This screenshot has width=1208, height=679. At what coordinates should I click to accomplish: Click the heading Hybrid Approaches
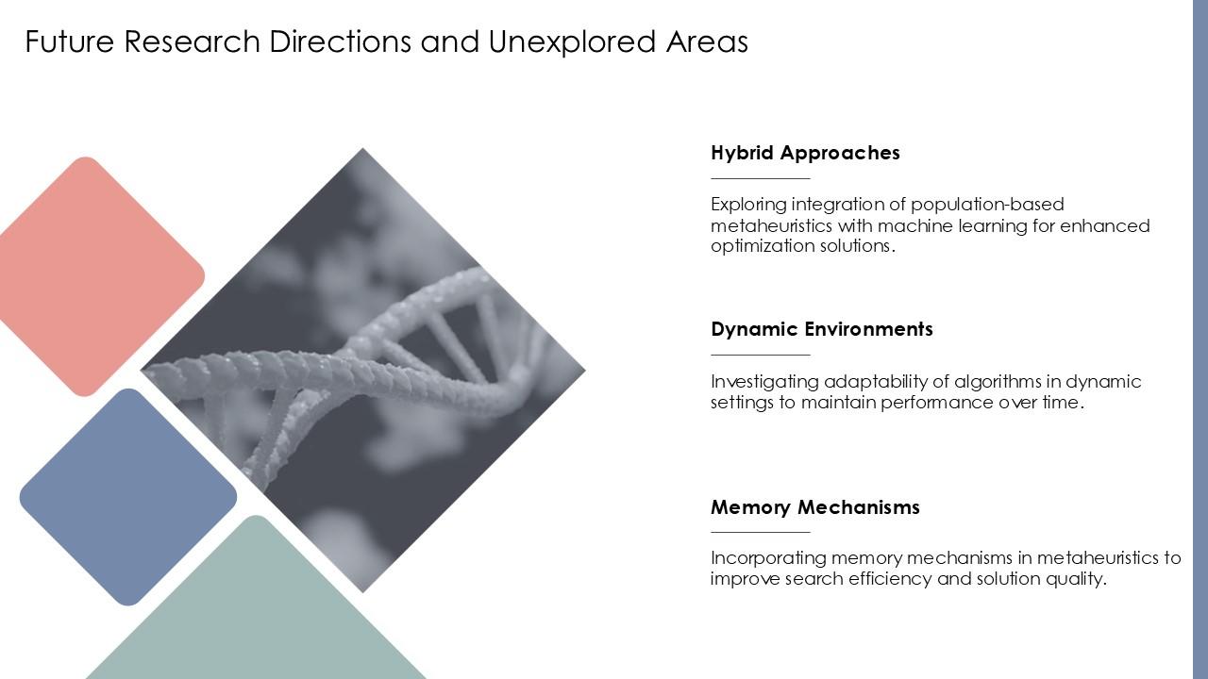click(805, 153)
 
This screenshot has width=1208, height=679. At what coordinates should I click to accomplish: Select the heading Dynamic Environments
click(821, 329)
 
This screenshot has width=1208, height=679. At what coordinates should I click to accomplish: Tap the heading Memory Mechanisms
click(814, 507)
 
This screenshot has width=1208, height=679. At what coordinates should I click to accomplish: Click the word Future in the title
click(70, 41)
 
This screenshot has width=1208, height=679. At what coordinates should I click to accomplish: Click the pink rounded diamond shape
click(94, 276)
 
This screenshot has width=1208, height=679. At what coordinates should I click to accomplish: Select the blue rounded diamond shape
click(128, 497)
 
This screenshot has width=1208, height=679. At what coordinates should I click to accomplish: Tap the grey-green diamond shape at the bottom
click(256, 613)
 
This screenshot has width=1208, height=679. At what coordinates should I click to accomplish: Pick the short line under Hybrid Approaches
click(760, 178)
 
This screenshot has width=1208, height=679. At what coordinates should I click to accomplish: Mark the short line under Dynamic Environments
click(760, 356)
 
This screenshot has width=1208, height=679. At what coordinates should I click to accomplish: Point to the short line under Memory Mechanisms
click(760, 533)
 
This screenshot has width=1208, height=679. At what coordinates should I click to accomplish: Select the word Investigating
click(763, 382)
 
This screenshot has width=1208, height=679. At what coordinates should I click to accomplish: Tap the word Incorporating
click(768, 558)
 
